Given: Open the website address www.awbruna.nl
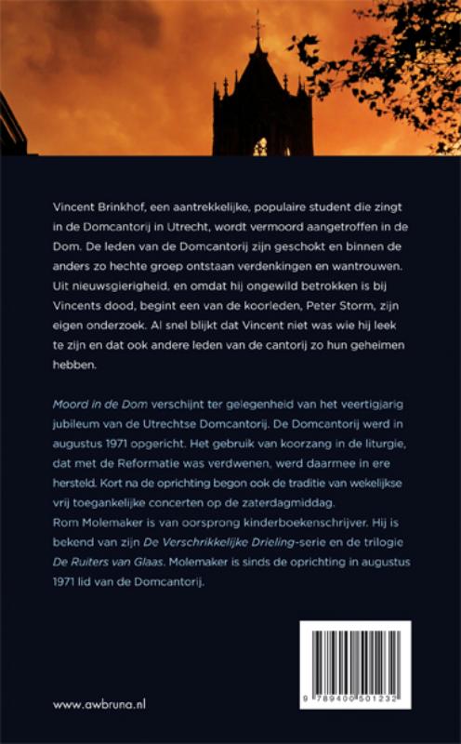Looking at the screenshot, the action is click(99, 705).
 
